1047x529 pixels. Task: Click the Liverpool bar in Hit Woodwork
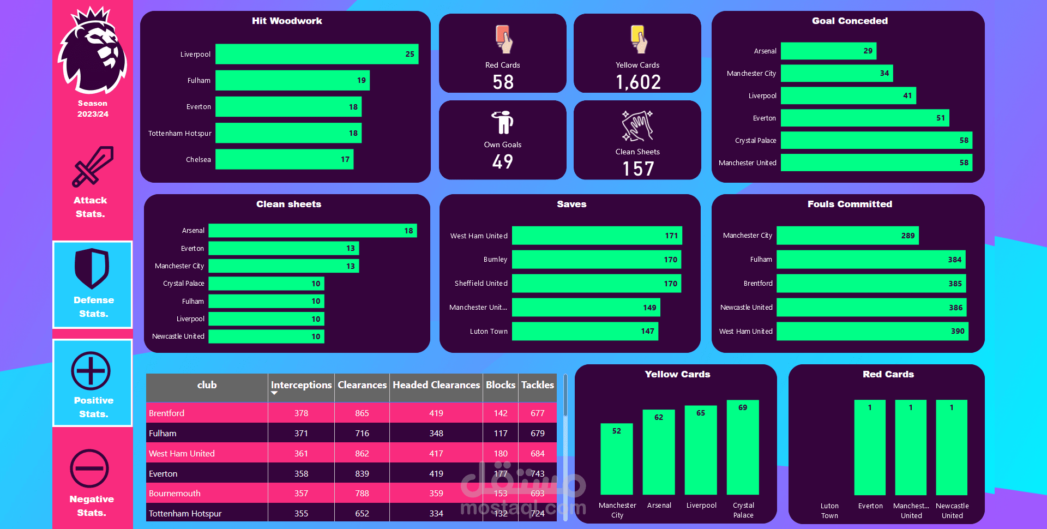pos(316,54)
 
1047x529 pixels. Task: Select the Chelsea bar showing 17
pos(284,159)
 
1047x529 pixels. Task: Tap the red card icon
pos(503,39)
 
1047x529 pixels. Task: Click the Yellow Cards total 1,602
pos(638,82)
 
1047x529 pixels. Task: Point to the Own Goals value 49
pos(502,161)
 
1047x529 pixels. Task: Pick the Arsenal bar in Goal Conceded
pos(828,51)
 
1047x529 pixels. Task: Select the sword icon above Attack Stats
pos(93,166)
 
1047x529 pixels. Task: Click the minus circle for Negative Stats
pos(89,468)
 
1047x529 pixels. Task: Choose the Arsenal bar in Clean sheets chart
pos(312,231)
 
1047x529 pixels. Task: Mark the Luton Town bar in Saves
pos(585,331)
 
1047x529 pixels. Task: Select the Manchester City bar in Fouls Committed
pos(847,236)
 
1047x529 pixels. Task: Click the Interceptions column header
pos(301,385)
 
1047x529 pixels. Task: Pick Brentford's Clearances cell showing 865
pos(362,413)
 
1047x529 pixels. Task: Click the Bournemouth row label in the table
pos(174,493)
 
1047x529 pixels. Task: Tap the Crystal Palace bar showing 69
pos(743,447)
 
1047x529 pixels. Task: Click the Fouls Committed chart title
pos(850,204)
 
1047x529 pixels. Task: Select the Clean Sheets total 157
pos(638,169)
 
